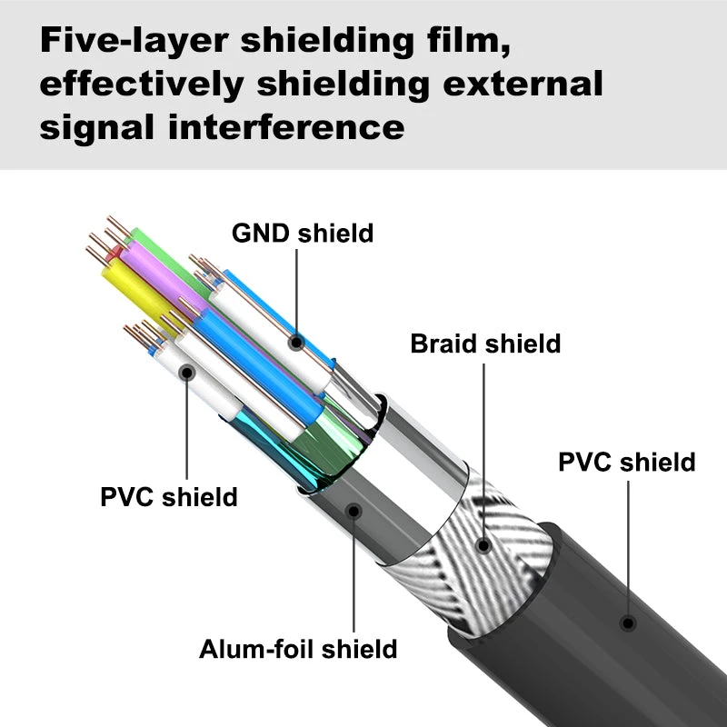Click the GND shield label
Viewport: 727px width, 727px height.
point(303,233)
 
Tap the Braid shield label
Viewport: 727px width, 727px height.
point(485,344)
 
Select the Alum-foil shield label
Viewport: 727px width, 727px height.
point(298,649)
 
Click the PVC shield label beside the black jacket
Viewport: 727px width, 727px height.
point(627,462)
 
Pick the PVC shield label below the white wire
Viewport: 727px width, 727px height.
point(169,497)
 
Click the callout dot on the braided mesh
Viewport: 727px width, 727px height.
point(483,546)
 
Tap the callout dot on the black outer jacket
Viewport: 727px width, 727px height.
point(627,623)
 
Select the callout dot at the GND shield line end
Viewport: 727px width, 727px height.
point(296,343)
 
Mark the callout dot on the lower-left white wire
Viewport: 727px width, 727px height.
point(187,372)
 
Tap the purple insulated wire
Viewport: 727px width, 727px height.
point(154,264)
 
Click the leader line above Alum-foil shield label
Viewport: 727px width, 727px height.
point(353,573)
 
